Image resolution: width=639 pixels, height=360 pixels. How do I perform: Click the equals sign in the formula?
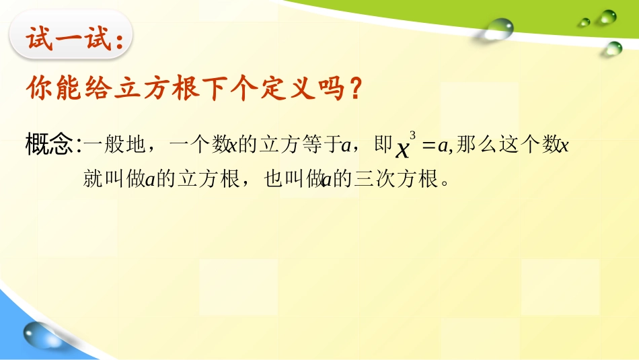coord(428,145)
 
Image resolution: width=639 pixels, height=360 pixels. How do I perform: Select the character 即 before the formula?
coord(383,145)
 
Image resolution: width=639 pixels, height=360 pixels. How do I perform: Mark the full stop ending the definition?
coord(443,183)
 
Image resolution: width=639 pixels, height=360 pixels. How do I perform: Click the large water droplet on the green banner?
coord(499,28)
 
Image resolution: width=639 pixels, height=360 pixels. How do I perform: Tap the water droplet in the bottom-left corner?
coord(38,335)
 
